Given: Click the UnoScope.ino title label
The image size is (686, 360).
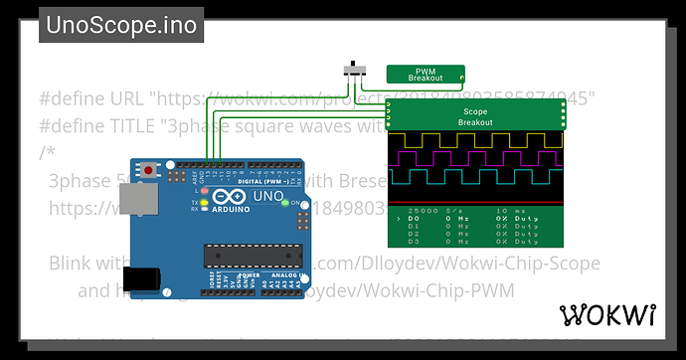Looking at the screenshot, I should (121, 24).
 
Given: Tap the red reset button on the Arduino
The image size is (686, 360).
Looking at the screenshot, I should (149, 170).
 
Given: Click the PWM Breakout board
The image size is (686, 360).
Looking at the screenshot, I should (426, 73).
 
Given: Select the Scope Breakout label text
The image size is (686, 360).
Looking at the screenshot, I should (475, 115).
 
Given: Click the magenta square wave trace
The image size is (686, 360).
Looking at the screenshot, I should (475, 157).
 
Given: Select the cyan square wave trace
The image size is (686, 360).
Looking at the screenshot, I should (475, 176).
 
